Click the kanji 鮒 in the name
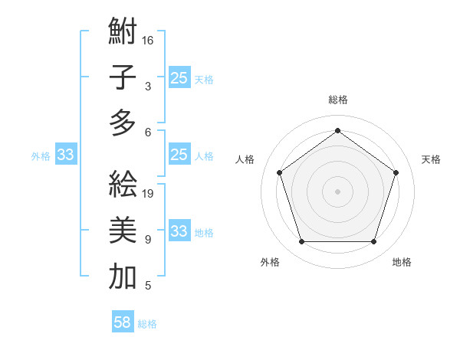click(123, 33)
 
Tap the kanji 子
click(123, 77)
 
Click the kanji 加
click(123, 277)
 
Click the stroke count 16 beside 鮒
click(148, 40)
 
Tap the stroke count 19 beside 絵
click(149, 193)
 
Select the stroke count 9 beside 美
click(147, 240)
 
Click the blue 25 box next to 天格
click(179, 77)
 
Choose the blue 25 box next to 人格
click(179, 155)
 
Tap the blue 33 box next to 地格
click(179, 231)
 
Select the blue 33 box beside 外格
click(66, 155)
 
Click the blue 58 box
click(123, 322)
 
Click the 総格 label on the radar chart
click(337, 100)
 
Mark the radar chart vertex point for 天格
click(396, 172)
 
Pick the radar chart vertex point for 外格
click(301, 242)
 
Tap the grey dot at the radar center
click(337, 191)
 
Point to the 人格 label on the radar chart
click(245, 159)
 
